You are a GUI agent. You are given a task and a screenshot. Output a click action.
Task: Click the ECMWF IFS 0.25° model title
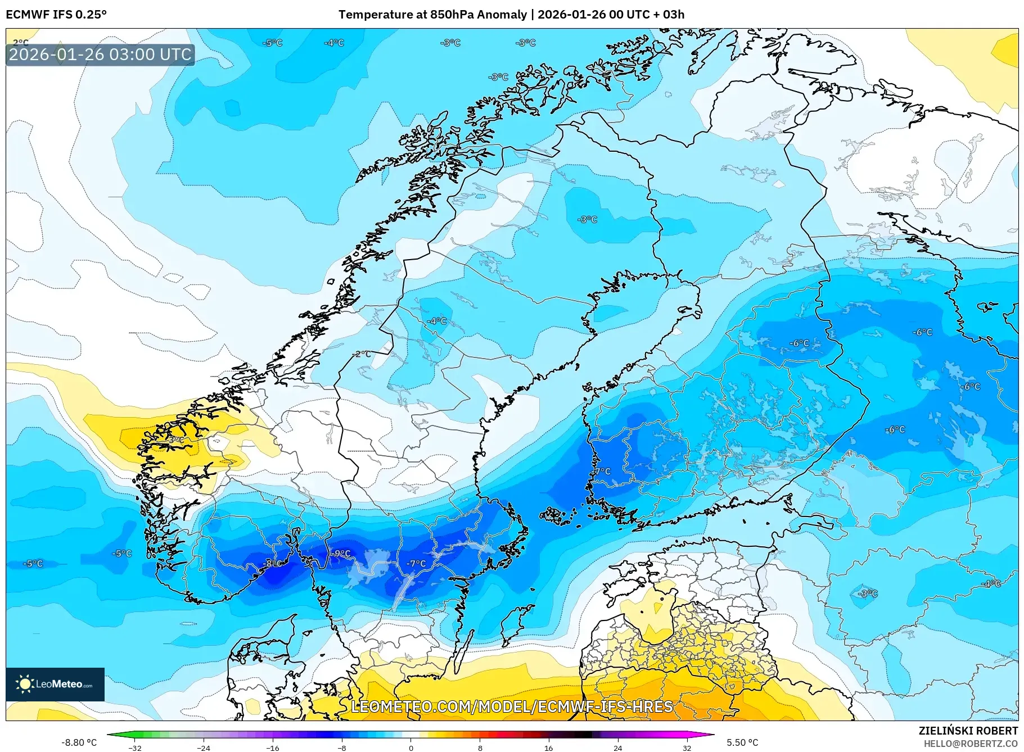[x=56, y=15]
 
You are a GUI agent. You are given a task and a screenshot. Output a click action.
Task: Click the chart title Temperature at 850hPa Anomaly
[x=432, y=15]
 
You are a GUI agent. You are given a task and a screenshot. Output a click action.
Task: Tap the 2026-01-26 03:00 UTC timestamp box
[x=100, y=55]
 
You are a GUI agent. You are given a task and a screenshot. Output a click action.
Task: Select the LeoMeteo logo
[x=55, y=684]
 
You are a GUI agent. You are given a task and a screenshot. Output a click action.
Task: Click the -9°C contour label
[x=341, y=554]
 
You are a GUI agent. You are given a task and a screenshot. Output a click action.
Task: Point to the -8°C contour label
[x=273, y=563]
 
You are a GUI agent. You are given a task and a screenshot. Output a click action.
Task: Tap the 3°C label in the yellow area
[x=176, y=440]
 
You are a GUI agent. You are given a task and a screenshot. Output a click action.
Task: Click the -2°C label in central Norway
[x=363, y=354]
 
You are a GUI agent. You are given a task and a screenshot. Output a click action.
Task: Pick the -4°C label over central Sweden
[x=437, y=321]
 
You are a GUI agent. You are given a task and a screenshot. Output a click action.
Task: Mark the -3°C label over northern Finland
[x=588, y=219]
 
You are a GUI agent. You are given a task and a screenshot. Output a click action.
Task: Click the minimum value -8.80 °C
[x=79, y=742]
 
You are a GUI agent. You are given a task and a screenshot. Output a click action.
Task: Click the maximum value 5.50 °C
[x=742, y=742]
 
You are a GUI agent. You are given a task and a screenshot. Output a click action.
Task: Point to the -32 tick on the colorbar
[x=135, y=748]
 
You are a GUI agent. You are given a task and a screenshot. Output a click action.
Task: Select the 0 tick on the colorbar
[x=410, y=748]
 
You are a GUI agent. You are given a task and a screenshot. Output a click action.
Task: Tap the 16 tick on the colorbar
[x=548, y=748]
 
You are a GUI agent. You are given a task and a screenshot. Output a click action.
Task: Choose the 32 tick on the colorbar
[x=687, y=748]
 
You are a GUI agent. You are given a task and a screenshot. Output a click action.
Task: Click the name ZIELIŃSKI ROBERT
[x=968, y=731]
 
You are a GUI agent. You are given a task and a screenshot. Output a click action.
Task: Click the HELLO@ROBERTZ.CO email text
[x=971, y=744]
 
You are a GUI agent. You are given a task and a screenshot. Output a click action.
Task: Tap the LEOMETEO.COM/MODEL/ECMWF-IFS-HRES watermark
[x=512, y=706]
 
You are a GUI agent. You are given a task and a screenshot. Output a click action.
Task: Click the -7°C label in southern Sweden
[x=417, y=563]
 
